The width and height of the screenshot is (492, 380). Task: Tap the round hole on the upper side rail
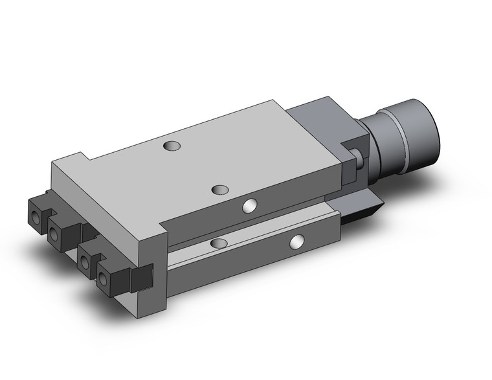coord(248,207)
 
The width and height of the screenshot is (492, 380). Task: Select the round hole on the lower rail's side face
coord(296,242)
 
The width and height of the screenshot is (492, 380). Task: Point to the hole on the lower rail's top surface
coord(218,243)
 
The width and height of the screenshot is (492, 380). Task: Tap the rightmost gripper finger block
coord(110,275)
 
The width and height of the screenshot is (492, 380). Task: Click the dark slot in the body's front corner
coord(140,278)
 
